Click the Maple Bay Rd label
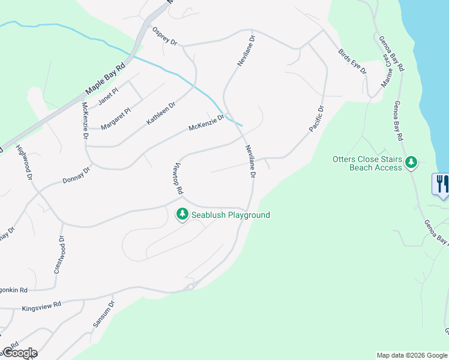105,79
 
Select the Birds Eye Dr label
352,61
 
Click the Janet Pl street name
108,97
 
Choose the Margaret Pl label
115,119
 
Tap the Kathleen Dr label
161,113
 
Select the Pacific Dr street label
316,119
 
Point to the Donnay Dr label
76,175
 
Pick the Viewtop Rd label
177,178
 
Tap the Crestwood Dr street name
58,255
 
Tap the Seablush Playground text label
231,215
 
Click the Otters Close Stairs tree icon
411,163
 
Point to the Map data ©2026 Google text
412,355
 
